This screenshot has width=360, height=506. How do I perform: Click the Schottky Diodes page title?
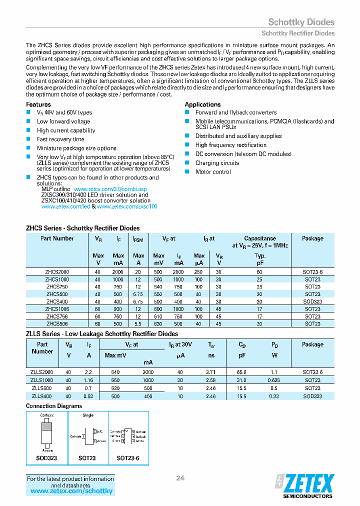pos(301,22)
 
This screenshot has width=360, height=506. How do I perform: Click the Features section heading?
pos(38,104)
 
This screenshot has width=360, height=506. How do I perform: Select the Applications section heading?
pos(202,104)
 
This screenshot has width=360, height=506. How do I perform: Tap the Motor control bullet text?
pos(213,172)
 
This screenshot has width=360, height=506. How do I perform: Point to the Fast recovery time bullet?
pos(60,139)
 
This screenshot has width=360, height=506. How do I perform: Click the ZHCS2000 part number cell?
pos(57,271)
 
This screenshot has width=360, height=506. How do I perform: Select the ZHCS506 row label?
pos(57,323)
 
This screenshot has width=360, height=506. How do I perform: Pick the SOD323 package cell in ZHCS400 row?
pos(312,301)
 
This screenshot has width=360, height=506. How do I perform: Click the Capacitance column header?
pos(260,238)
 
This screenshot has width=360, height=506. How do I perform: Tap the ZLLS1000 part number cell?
pos(42,380)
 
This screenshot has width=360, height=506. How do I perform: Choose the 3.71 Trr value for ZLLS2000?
pos(211,372)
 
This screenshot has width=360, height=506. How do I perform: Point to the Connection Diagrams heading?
pos(54,406)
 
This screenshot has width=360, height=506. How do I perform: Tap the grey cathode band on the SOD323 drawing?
pos(46,426)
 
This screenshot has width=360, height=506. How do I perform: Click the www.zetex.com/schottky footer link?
pos(71,491)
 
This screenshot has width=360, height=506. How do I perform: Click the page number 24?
pos(180,478)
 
